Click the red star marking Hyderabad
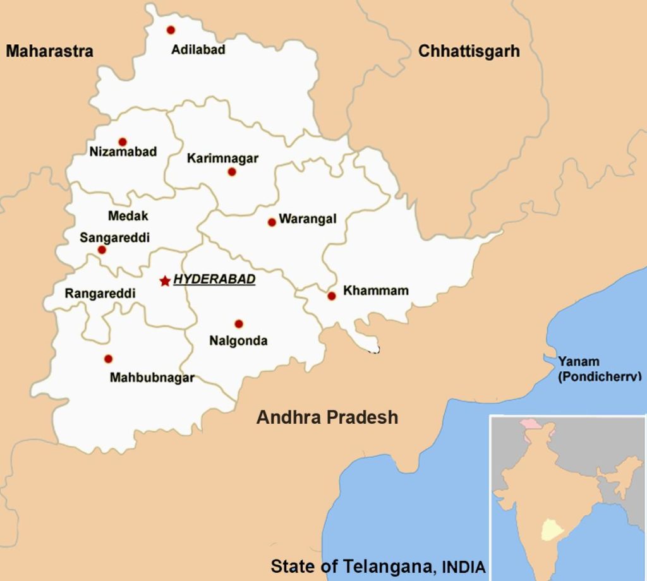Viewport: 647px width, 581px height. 165,280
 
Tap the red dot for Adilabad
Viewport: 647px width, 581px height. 171,30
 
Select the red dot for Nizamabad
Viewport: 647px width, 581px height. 123,142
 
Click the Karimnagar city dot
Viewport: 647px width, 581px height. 232,172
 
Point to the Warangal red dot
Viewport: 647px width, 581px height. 272,222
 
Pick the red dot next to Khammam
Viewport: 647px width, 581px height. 332,296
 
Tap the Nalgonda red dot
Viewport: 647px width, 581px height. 239,324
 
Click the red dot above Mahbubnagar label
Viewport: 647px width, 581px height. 108,359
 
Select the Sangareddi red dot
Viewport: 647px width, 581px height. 102,250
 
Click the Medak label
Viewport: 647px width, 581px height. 128,216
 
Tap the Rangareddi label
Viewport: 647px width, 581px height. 100,294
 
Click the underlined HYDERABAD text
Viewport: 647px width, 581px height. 214,279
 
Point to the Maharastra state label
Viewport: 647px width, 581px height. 49,51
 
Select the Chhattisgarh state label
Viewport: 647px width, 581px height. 469,51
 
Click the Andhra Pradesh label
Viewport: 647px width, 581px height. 327,417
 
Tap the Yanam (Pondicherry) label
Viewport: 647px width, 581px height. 598,369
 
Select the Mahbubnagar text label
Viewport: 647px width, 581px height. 152,378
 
